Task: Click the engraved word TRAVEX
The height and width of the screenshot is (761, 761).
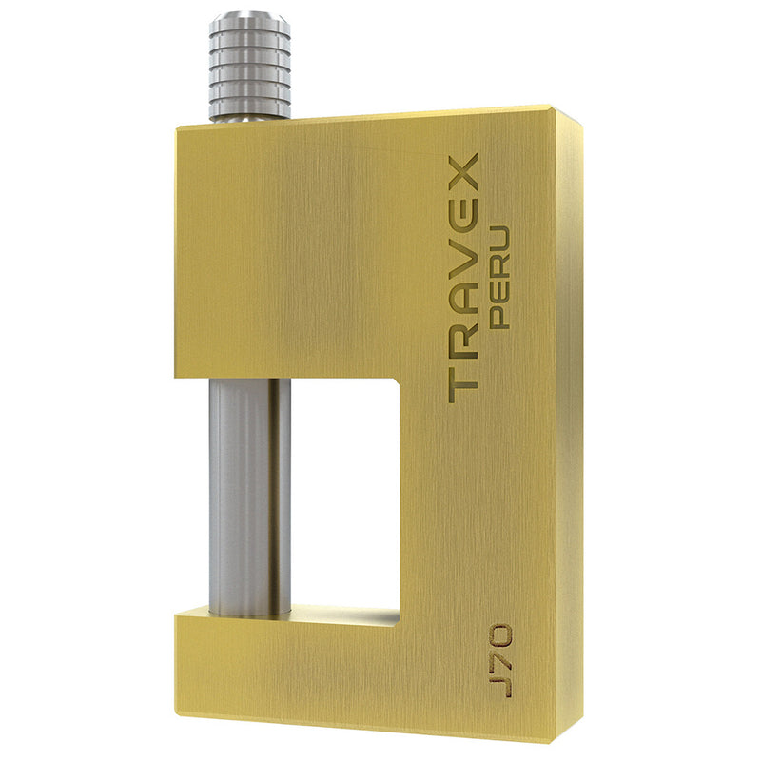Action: coord(463,278)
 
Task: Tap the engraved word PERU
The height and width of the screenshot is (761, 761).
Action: coord(498,278)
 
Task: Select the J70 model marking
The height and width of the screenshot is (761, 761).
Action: coord(500,660)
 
